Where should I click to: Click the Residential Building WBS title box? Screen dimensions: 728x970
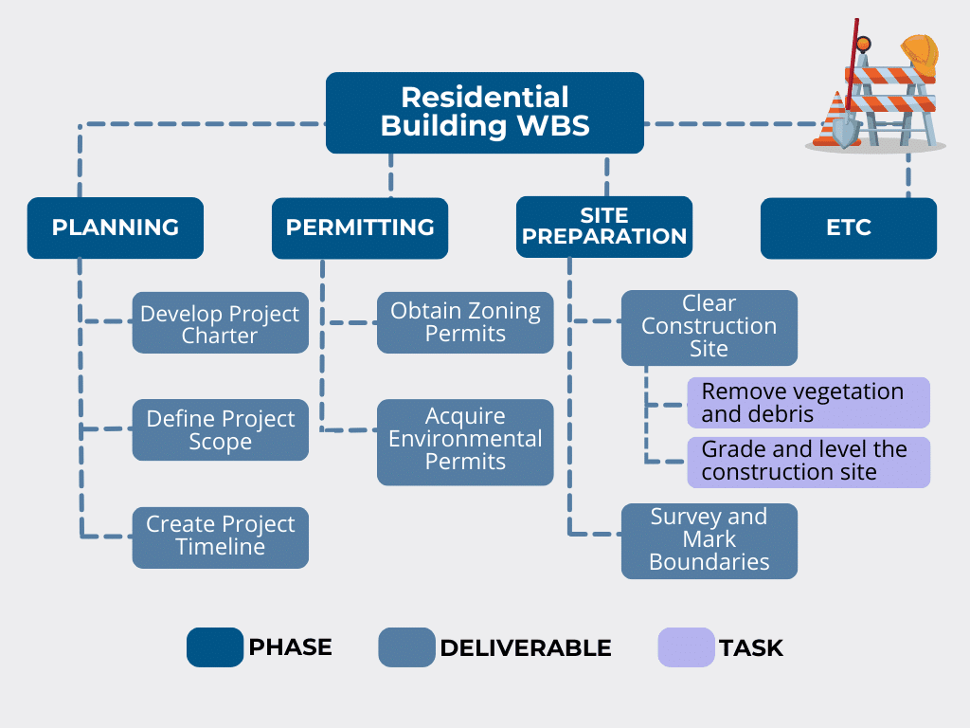pos(484,112)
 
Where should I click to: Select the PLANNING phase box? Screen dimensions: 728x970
pos(115,227)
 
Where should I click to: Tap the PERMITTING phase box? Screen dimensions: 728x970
pos(360,227)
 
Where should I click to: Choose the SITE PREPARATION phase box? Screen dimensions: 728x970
pos(604,227)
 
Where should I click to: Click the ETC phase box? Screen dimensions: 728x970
pos(848,227)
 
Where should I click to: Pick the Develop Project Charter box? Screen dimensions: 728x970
pos(220,323)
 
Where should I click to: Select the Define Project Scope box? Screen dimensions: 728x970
pos(220,430)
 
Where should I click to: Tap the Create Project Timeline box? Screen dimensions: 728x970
pos(220,537)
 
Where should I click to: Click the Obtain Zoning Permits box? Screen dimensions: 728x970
pos(465,322)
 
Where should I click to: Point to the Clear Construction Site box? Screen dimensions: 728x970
pos(709,327)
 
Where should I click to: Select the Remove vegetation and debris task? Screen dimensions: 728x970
pos(808,403)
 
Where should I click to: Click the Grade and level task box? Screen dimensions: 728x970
pos(808,462)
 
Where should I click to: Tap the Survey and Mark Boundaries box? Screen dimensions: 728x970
pos(709,540)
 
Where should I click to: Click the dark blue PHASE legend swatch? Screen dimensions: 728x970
pos(215,647)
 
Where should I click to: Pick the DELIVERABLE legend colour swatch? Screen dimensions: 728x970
pos(406,647)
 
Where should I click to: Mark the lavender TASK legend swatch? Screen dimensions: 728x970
pos(686,647)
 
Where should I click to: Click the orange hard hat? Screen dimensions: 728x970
pos(919,55)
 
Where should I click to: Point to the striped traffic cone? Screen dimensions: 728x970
pos(837,119)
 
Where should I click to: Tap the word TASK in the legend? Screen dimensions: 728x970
pos(751,648)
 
